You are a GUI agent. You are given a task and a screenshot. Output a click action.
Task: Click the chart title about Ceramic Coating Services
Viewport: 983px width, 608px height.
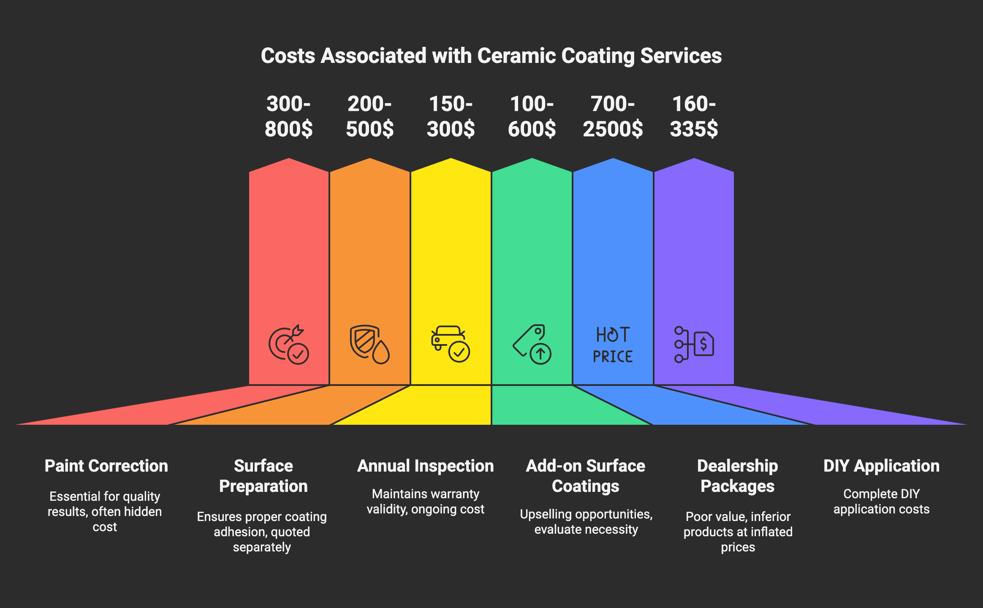tap(491, 56)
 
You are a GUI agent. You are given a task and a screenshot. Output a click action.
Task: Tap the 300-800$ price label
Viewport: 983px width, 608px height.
tap(289, 116)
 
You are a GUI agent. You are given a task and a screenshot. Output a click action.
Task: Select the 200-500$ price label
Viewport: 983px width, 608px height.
tap(370, 116)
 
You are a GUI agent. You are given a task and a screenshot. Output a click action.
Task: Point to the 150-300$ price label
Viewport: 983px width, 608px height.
tap(451, 116)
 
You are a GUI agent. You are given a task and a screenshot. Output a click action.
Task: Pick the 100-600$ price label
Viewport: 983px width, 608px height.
tap(532, 116)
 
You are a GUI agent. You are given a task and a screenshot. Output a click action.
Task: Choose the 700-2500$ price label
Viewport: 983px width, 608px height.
tap(613, 116)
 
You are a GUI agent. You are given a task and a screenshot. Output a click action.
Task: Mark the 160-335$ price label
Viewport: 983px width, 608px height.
tap(694, 116)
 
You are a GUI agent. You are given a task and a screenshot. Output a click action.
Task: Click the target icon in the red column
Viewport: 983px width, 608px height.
tap(289, 345)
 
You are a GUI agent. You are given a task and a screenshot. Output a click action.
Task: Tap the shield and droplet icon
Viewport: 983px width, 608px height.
tap(369, 344)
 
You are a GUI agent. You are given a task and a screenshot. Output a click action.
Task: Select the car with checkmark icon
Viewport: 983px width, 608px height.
tap(451, 344)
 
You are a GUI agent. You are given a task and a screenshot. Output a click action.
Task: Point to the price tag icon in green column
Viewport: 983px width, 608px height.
tap(532, 344)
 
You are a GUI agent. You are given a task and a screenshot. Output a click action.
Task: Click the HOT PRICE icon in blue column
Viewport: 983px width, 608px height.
tap(613, 345)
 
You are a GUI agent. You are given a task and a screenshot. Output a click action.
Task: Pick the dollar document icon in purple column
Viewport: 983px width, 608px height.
tap(694, 344)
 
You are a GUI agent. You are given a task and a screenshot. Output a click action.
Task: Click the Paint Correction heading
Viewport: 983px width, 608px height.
tap(106, 466)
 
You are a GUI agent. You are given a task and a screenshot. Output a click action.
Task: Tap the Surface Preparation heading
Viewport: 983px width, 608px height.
tap(263, 476)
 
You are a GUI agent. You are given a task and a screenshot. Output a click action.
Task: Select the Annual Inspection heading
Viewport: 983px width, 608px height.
tap(426, 466)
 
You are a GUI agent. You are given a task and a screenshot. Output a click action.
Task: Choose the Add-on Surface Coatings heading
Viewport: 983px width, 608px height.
tap(586, 476)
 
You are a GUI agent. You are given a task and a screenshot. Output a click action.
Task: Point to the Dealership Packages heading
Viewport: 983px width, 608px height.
tap(738, 476)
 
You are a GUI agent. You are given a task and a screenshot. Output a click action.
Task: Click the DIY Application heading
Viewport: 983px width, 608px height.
tap(882, 466)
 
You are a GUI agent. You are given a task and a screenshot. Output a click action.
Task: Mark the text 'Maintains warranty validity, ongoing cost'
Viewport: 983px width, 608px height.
tap(426, 502)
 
